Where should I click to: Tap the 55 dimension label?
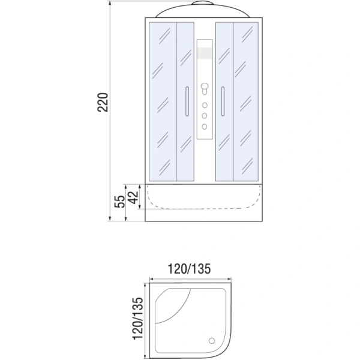(119, 201)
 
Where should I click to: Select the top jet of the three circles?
(205, 106)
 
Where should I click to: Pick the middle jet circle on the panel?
(205, 115)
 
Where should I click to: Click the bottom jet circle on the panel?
(205, 125)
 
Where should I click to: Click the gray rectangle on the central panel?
(205, 53)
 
